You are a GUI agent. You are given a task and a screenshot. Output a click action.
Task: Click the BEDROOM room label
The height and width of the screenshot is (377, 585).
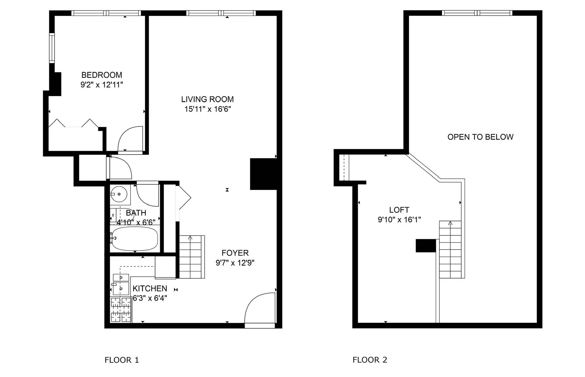point(102,75)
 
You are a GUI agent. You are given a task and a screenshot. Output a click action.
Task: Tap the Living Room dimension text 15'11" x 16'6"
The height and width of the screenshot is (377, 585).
point(207,109)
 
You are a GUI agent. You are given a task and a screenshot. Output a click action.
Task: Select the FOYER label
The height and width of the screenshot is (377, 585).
point(235,253)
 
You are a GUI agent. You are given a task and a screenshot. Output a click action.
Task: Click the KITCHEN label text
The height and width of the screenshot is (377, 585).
point(150,288)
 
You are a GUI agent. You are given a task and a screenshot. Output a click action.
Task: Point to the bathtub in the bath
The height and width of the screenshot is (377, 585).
point(135,238)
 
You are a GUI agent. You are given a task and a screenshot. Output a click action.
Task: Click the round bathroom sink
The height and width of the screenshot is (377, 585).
point(119,194)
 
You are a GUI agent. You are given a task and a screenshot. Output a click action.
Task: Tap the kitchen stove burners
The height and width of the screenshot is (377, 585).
point(121,309)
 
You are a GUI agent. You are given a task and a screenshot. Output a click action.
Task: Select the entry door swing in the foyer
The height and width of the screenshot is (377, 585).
point(259,308)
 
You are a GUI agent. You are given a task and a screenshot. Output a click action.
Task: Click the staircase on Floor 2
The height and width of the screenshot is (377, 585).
point(450,250)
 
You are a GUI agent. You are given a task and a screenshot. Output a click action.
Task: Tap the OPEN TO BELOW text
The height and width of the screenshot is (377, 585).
point(480,137)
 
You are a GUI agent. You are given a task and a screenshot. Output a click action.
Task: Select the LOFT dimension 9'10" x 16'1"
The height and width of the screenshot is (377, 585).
point(399,220)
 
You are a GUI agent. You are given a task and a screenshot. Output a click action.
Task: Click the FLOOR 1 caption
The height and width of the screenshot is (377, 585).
point(122,360)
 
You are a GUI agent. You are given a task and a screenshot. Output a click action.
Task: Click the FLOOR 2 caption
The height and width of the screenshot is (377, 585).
point(370,360)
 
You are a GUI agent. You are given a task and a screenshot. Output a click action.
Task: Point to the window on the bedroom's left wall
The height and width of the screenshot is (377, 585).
point(52,48)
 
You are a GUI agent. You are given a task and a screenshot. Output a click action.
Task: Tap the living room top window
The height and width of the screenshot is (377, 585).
point(221,13)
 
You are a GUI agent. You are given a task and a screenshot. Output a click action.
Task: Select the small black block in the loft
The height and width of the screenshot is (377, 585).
point(426,246)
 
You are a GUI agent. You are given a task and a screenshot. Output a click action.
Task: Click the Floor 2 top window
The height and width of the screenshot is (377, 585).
point(477,13)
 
